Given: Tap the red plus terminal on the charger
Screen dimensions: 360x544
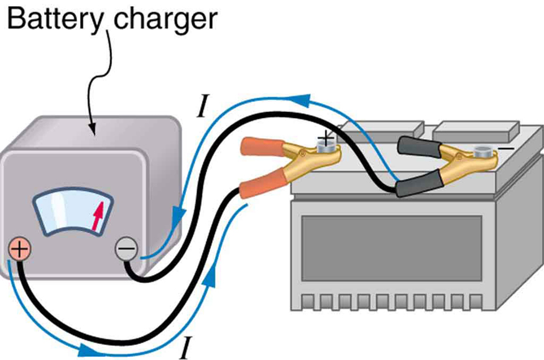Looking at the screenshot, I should (19, 249).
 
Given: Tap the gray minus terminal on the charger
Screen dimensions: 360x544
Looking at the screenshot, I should (126, 250).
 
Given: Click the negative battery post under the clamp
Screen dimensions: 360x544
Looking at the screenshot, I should (481, 151).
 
